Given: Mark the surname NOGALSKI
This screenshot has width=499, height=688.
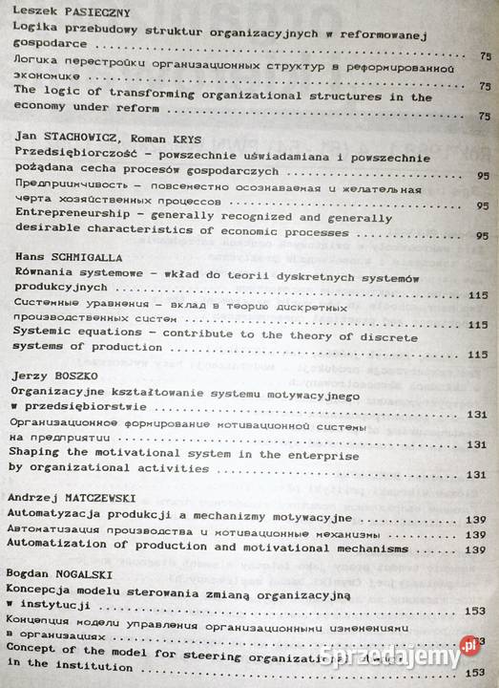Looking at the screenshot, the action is coord(93,573).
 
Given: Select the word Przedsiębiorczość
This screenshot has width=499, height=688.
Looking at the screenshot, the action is coord(75,154).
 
